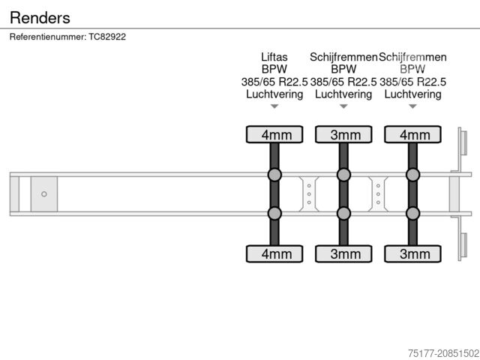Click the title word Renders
[40, 17]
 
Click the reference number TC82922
[107, 37]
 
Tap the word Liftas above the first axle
[274, 57]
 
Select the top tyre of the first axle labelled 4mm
[274, 135]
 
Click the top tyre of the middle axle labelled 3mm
[343, 135]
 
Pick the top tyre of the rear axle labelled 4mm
[412, 135]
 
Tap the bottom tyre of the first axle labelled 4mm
[274, 253]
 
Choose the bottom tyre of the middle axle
[343, 253]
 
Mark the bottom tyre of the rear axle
[412, 253]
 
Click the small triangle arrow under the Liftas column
[274, 106]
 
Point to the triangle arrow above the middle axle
[343, 106]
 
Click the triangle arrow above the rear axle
[412, 106]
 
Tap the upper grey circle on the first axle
[274, 175]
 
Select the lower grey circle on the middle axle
[343, 214]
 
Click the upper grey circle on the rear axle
[412, 175]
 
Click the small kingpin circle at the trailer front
[44, 194]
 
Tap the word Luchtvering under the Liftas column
[274, 94]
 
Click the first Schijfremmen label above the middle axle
[343, 57]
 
